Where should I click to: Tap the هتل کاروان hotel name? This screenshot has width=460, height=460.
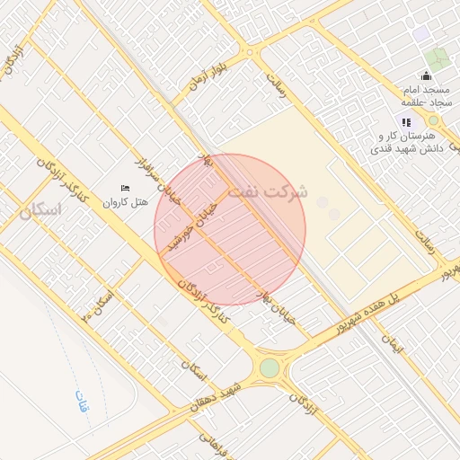pyautogui.click(x=126, y=203)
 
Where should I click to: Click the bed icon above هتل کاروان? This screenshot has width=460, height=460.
pyautogui.click(x=125, y=188)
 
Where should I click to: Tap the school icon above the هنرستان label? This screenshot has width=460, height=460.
pyautogui.click(x=406, y=122)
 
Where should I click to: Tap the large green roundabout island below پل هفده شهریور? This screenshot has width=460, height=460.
pyautogui.click(x=270, y=367)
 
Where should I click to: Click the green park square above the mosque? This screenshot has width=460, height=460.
pyautogui.click(x=438, y=59)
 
